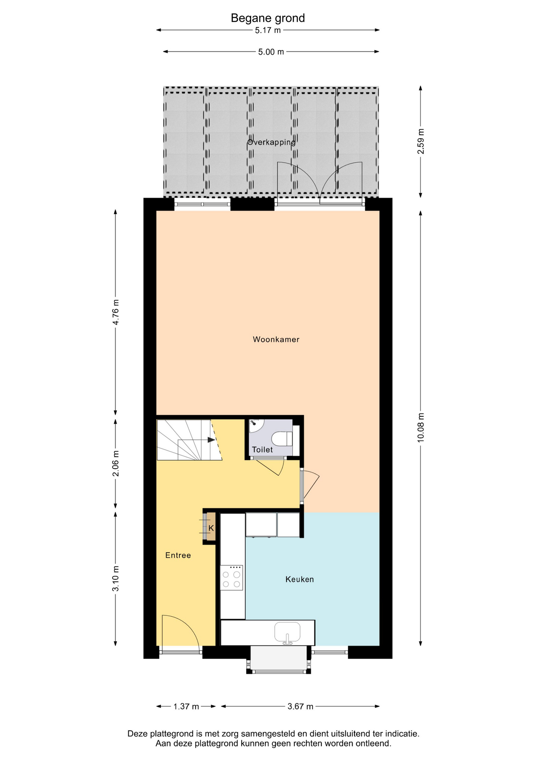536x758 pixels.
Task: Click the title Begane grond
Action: pos(268,18)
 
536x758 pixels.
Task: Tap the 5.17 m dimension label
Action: pos(268,30)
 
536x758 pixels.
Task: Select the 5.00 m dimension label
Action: pos(271,52)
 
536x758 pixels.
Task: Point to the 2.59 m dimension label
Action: pos(421,141)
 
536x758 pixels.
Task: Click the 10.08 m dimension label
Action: pos(421,428)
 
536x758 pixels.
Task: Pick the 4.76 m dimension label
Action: pos(116,312)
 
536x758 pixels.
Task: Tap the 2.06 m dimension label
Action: pos(116,463)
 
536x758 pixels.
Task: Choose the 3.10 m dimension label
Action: pos(116,579)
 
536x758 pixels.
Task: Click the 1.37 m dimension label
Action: pos(186,706)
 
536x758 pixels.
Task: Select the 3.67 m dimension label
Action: pos(300,706)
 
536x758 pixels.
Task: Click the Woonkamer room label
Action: pos(276,340)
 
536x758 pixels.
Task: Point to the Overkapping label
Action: pos(271,142)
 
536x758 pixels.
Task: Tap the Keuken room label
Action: pos(300,579)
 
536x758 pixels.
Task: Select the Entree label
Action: pos(178,555)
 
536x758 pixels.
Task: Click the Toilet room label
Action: pos(262,449)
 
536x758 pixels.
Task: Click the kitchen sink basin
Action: pos(287,632)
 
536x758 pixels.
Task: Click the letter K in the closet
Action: pos(211,528)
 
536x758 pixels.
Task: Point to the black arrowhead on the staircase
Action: pos(212,439)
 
